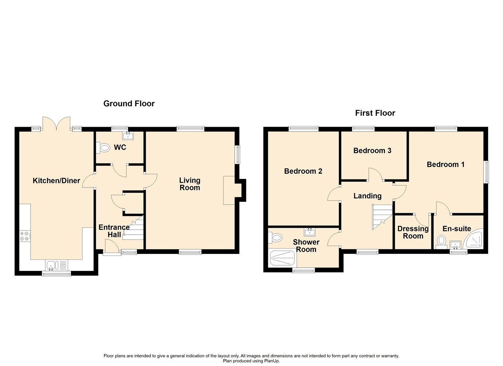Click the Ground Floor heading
click(129, 104)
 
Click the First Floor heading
click(375, 113)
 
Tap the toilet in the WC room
click(104, 148)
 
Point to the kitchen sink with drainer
click(57, 265)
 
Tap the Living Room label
click(190, 184)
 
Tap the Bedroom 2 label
click(303, 171)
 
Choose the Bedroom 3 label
click(372, 151)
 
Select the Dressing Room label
click(413, 232)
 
